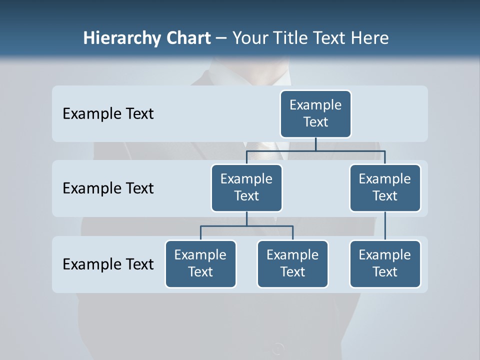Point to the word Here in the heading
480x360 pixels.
coord(369,38)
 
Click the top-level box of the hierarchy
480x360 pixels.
coord(315,113)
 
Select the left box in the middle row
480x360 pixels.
coord(246,187)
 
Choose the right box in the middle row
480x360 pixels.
coord(385,187)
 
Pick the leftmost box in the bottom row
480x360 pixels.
coord(200,263)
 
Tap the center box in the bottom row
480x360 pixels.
coord(292,263)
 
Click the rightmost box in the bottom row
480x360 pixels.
coord(385,263)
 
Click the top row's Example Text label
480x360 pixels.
coord(108,114)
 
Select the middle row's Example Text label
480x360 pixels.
coord(108,188)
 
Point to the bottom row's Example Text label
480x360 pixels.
coord(108,264)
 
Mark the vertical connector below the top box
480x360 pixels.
coord(315,144)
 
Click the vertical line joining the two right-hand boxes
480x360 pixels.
coord(385,226)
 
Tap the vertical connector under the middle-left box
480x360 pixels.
coord(246,218)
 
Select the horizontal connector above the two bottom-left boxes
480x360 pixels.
coord(246,226)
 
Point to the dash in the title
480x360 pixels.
coord(221,38)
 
